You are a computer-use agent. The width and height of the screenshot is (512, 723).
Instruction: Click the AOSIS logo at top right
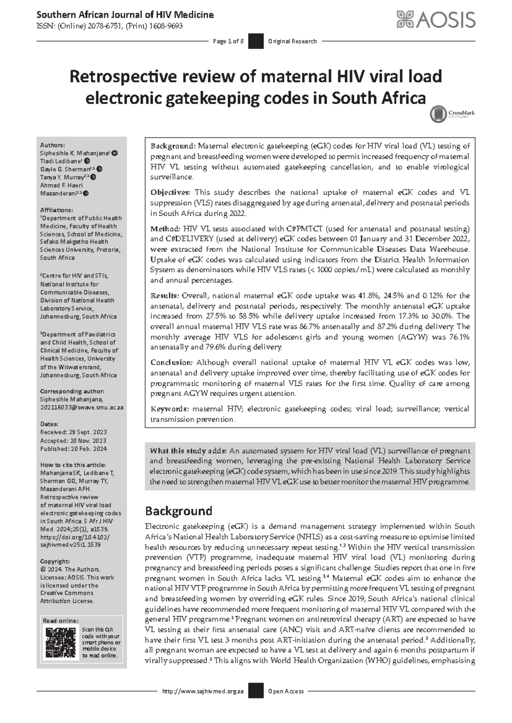[x=436, y=20]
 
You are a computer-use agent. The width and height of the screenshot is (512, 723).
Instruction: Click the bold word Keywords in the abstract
[x=169, y=409]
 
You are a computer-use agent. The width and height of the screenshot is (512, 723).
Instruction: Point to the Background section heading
[x=178, y=511]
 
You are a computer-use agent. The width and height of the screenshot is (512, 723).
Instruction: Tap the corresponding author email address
[x=82, y=408]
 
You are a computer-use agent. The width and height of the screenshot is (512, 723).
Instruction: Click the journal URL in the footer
[x=203, y=691]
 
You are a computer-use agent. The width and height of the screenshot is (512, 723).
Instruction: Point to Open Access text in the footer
[x=286, y=691]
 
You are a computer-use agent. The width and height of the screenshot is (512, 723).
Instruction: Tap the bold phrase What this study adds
[x=188, y=451]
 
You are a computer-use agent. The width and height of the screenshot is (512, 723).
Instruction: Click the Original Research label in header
[x=292, y=41]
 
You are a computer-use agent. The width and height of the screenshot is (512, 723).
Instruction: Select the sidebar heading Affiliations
[x=56, y=210]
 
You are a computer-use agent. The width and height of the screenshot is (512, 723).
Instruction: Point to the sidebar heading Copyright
[x=55, y=561]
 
